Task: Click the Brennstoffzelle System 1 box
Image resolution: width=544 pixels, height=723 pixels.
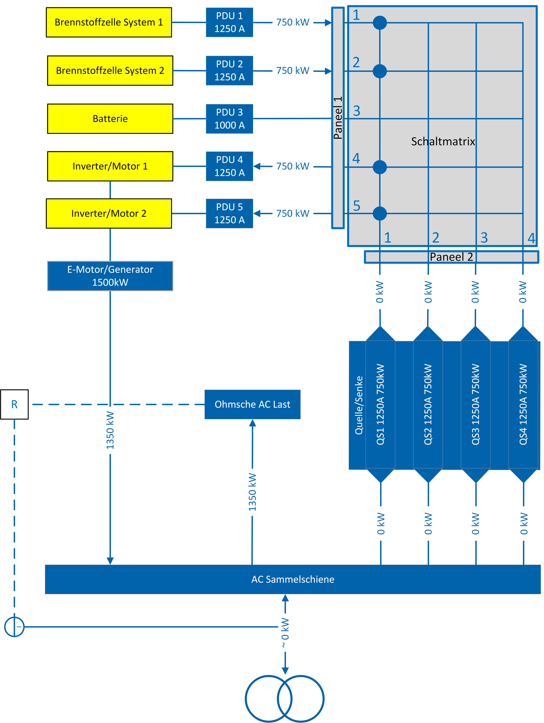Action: pyautogui.click(x=109, y=22)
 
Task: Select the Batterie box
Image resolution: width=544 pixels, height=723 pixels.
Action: pyautogui.click(x=110, y=119)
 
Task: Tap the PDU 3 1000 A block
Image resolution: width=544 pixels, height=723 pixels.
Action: pyautogui.click(x=229, y=119)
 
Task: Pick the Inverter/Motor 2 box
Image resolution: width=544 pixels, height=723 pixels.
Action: pyautogui.click(x=109, y=214)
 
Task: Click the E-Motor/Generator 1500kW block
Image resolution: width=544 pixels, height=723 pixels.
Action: pyautogui.click(x=110, y=276)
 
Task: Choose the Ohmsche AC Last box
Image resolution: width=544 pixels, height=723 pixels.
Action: pyautogui.click(x=252, y=404)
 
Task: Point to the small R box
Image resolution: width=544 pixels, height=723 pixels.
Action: pyautogui.click(x=14, y=404)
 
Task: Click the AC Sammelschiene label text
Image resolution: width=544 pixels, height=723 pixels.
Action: pyautogui.click(x=292, y=579)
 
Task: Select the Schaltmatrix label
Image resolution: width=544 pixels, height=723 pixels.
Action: pyautogui.click(x=443, y=142)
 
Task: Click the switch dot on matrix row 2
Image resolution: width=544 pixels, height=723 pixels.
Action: pyautogui.click(x=380, y=71)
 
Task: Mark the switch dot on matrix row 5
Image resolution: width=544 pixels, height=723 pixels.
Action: pyautogui.click(x=380, y=214)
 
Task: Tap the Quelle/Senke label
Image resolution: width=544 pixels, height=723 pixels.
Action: pyautogui.click(x=359, y=405)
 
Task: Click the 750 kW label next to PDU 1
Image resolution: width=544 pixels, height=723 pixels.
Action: pyautogui.click(x=292, y=22)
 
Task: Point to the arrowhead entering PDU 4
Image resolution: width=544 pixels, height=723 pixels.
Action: pyautogui.click(x=257, y=166)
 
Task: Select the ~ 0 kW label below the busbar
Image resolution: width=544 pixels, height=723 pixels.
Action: pyautogui.click(x=285, y=633)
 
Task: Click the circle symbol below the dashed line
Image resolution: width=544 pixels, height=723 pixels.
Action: pyautogui.click(x=14, y=627)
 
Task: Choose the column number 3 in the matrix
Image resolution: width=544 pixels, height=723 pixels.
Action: pyautogui.click(x=484, y=238)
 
